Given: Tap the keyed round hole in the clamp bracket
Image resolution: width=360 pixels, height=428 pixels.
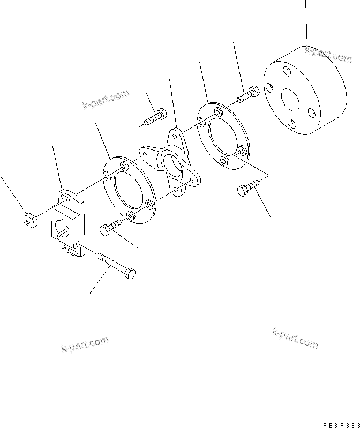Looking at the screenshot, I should coord(62,232).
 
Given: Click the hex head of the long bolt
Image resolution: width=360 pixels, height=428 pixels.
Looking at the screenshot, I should coord(129,273).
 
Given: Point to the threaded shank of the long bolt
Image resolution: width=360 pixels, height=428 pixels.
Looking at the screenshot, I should coord(109,263).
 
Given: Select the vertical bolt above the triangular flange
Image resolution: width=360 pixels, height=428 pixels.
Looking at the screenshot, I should coord(156,115).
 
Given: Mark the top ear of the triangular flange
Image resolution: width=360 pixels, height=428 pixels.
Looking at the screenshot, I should coord(175,135).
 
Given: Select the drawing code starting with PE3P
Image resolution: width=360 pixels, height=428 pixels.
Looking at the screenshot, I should coord(339,422).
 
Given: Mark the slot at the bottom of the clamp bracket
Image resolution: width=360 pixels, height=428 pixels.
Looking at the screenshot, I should coord(71,250).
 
